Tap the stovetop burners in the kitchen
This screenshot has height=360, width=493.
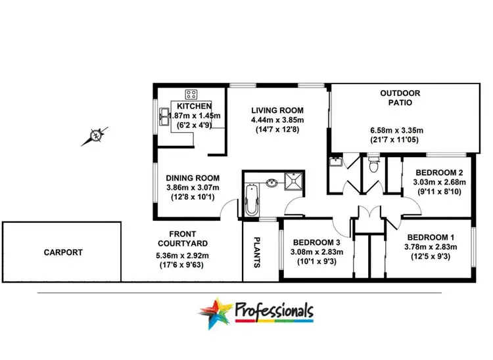[193, 94]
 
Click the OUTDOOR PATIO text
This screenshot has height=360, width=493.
[400, 98]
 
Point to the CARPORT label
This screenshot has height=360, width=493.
[63, 252]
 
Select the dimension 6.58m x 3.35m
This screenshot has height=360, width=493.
[400, 131]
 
